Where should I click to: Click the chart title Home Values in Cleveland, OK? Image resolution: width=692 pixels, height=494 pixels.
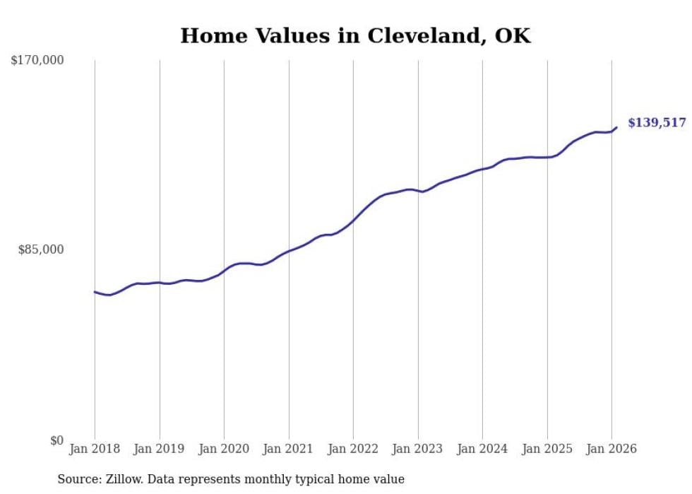tap(355, 36)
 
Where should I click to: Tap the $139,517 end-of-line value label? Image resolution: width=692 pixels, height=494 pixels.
tap(656, 123)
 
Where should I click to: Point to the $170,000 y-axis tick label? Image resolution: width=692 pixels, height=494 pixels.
tap(37, 61)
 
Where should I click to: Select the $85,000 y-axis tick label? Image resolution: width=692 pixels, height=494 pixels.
tap(41, 249)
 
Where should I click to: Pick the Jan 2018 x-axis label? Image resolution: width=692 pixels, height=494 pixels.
tap(95, 449)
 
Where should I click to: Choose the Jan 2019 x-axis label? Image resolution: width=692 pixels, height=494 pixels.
tap(160, 449)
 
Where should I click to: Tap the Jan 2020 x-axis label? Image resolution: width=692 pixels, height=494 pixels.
tap(224, 449)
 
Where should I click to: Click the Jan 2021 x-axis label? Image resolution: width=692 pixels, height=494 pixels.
tap(289, 449)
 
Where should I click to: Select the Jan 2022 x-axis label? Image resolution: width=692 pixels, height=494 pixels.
tap(353, 449)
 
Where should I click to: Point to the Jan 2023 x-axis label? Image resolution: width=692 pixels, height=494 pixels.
tap(418, 449)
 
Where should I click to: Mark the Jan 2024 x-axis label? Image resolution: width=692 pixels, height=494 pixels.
tap(482, 449)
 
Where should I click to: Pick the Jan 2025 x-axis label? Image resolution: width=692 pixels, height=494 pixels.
tap(547, 449)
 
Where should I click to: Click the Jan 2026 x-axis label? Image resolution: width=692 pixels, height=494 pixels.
tap(612, 449)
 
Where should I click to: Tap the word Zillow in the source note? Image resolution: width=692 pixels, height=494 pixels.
tap(124, 479)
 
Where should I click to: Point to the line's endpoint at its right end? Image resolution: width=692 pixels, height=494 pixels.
tap(616, 128)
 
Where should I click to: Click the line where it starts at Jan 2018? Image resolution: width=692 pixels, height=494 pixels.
tap(95, 292)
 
